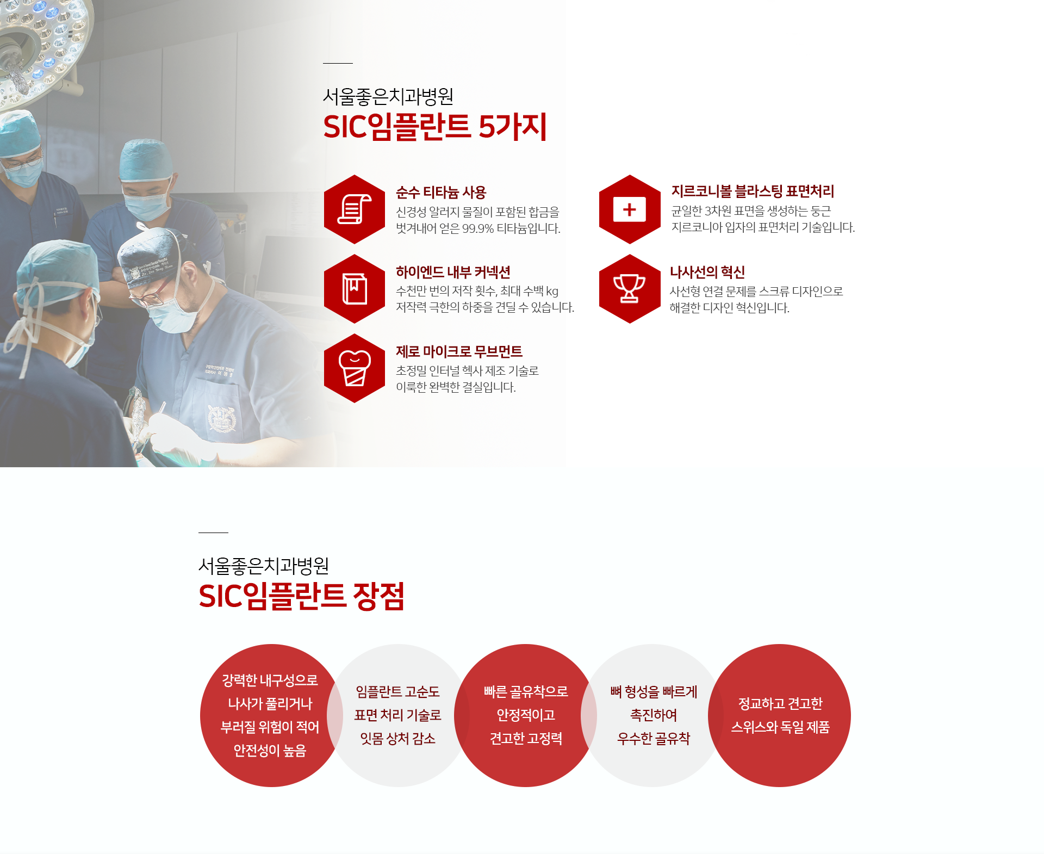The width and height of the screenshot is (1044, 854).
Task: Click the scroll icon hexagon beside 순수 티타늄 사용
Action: click(355, 209)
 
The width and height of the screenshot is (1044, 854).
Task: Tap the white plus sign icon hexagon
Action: click(630, 209)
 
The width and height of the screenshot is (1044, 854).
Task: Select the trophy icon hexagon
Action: click(630, 289)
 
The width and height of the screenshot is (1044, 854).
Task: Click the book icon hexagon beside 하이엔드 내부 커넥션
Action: click(355, 289)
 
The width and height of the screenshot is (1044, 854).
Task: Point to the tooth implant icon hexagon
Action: click(355, 368)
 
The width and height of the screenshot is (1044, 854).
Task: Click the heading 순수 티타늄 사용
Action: click(441, 193)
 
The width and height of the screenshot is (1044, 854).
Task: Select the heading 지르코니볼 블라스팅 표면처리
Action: click(753, 191)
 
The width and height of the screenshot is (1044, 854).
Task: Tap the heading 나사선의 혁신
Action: click(707, 272)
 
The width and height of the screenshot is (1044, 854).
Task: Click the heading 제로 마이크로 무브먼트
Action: click(459, 352)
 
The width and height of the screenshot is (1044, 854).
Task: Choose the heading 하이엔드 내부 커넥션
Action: click(453, 272)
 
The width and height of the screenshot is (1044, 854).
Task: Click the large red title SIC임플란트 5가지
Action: click(435, 127)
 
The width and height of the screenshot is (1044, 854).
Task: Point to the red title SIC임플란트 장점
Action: click(301, 596)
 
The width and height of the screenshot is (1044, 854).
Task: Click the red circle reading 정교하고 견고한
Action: click(780, 715)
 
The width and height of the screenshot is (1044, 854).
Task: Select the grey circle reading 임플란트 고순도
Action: click(398, 715)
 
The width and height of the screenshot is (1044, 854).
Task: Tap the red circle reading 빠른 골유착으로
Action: click(525, 715)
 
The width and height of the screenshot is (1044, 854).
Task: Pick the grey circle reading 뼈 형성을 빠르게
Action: click(653, 715)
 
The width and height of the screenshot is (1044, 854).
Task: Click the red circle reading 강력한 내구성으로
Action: click(270, 715)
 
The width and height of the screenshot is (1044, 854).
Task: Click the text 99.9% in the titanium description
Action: click(478, 228)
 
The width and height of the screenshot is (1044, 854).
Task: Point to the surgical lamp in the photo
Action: click(38, 38)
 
